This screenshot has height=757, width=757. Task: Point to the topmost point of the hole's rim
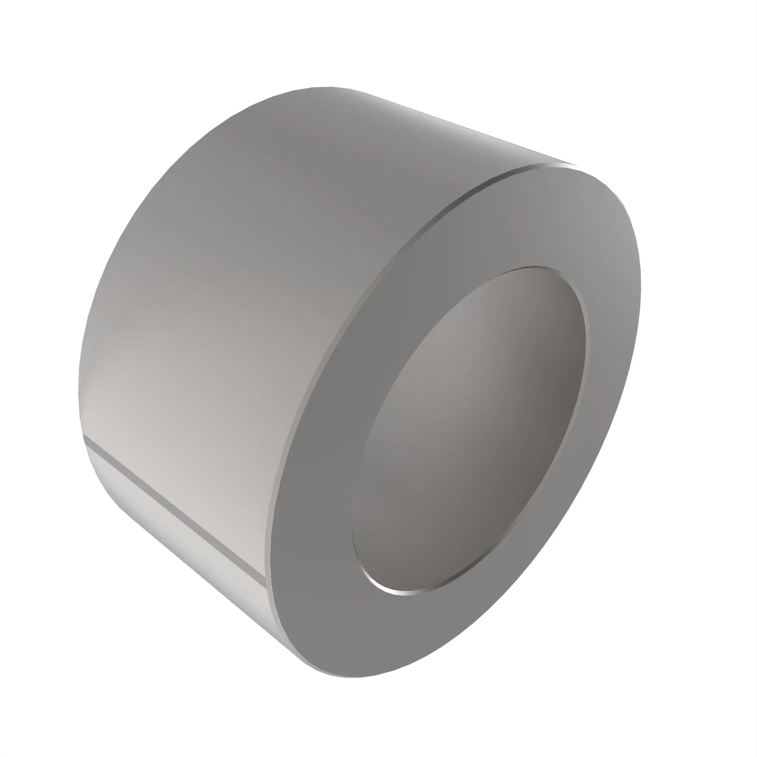coord(537,267)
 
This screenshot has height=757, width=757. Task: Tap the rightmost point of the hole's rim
coord(586,345)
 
